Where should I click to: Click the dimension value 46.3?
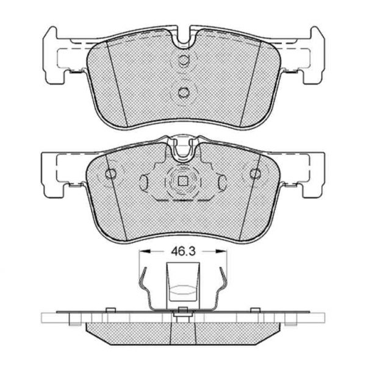[x=183, y=251]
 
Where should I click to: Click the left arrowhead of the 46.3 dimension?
[x=144, y=251]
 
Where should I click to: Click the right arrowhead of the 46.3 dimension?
[x=222, y=251]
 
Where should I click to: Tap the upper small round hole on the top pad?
[x=183, y=60]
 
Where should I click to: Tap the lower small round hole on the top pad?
[x=183, y=93]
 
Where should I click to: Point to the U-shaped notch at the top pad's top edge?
[x=184, y=37]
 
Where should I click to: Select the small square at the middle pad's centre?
[x=183, y=181]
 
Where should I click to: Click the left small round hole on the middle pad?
[x=110, y=174]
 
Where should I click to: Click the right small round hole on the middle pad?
[x=256, y=174]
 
